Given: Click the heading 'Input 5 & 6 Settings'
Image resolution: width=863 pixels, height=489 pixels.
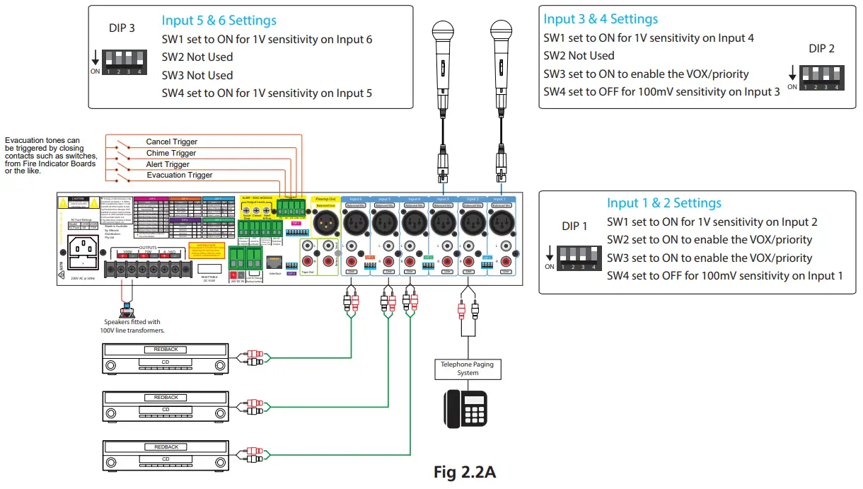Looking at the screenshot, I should tap(219, 21).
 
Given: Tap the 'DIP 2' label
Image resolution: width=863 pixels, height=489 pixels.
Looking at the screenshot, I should tap(821, 49).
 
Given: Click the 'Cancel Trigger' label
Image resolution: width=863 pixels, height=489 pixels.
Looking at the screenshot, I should tap(171, 142).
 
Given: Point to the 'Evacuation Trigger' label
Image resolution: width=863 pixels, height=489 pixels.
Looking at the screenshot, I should tap(180, 175).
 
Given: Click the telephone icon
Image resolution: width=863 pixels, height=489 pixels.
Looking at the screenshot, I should tap(465, 408).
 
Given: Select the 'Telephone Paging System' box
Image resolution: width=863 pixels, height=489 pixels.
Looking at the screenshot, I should tap(468, 368).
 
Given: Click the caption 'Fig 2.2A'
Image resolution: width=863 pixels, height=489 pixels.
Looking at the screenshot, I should tap(464, 472).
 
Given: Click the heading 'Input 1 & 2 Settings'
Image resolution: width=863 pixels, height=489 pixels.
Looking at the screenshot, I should tap(664, 203).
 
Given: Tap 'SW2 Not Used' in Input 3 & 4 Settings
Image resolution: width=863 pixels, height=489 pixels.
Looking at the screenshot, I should tap(579, 55).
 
